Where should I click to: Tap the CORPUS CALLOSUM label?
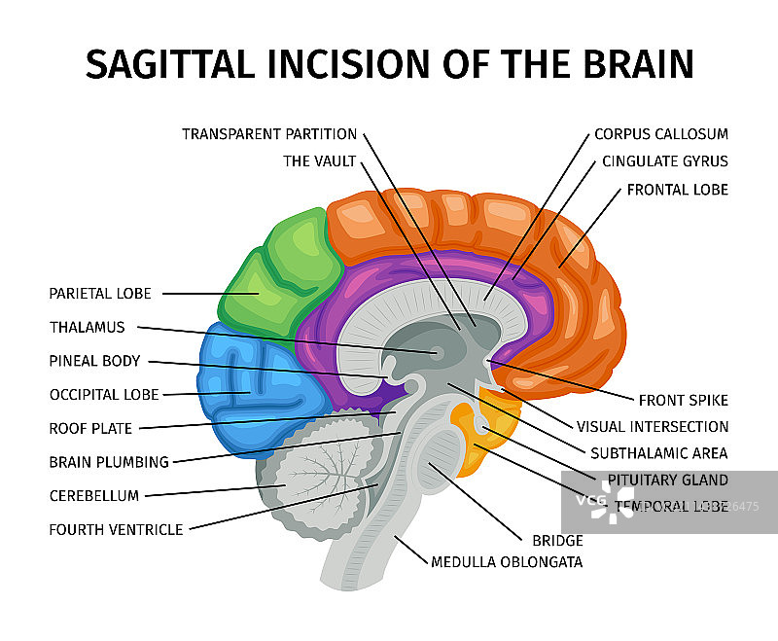coord(660,134)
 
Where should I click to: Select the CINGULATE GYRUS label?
coord(664,161)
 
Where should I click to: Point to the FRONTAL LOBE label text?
coord(677,190)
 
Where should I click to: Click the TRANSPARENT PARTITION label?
coord(269,134)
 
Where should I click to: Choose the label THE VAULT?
coord(320,161)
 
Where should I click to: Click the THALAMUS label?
coord(87,328)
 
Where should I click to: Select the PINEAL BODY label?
coord(94,361)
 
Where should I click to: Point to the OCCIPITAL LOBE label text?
coord(104,395)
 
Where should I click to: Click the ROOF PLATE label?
coord(90,428)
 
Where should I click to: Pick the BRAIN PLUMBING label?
coord(109,462)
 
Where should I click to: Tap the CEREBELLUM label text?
coord(94,496)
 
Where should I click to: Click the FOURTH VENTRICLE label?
coord(116,530)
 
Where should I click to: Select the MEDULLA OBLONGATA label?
coord(507,562)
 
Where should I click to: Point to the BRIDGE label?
coord(557,541)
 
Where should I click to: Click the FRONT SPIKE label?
coord(683,400)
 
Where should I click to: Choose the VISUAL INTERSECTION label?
coord(653,426)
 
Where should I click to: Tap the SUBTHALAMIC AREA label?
coord(658,453)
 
